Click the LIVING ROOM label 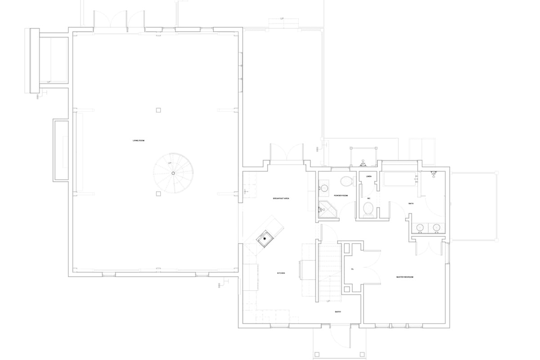pos(138,141)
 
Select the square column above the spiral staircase pos(158,109)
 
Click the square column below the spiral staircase pos(158,194)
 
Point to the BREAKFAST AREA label pos(280,198)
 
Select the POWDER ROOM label pos(341,196)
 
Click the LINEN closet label pos(368,176)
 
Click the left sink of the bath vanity pos(419,228)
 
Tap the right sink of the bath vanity pos(436,228)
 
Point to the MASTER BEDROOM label pos(405,277)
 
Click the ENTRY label pos(337,311)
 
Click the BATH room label pos(411,203)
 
